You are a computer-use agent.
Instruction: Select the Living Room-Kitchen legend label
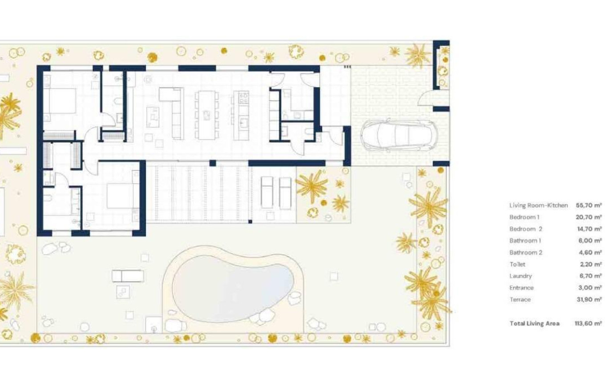pos(538,205)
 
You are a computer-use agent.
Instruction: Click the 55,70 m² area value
pos(589,205)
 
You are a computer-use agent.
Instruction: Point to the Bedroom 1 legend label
pos(524,217)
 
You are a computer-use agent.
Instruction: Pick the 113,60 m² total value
pos(589,323)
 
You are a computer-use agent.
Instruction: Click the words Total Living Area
pos(534,323)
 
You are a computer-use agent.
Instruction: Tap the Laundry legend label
pos(520,276)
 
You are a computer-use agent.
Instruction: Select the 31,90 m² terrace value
pos(589,300)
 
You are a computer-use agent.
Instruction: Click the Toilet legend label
pos(517,264)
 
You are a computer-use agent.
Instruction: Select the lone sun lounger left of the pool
pos(128,276)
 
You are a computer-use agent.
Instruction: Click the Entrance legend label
pos(521,288)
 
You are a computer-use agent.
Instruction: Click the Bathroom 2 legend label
pos(526,253)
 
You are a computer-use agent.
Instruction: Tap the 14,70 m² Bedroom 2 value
pos(589,229)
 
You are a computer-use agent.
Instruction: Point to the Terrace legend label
pos(520,300)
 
